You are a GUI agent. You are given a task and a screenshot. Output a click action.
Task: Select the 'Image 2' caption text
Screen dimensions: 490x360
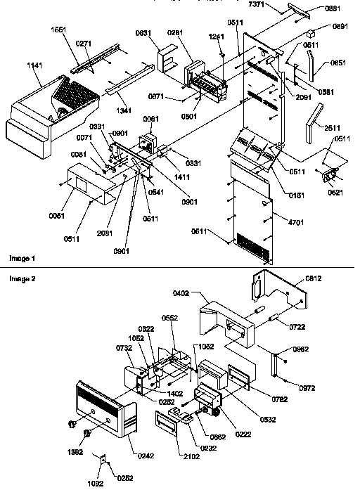click(20, 278)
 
